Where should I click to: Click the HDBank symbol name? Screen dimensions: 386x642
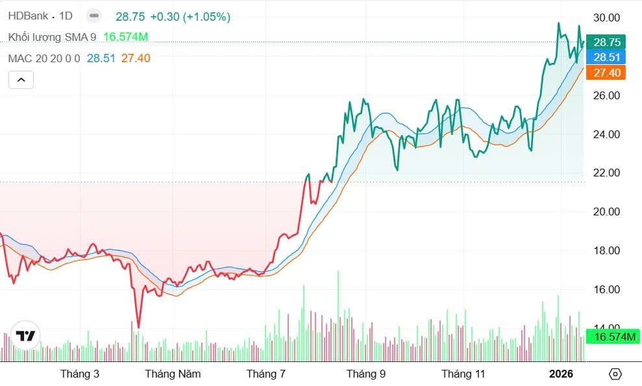click(28, 16)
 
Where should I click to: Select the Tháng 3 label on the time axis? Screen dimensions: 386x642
click(80, 374)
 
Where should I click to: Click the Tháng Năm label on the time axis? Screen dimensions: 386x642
click(173, 374)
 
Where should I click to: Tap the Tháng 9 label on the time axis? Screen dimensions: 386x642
click(366, 374)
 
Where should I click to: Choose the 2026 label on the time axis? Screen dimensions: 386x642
click(562, 374)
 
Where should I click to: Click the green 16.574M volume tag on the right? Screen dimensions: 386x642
click(613, 336)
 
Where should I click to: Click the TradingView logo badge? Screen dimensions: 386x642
click(26, 335)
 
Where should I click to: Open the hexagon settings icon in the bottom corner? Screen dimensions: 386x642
click(615, 374)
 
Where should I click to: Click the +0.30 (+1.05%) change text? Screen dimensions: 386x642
click(190, 17)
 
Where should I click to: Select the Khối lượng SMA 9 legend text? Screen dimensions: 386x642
click(52, 38)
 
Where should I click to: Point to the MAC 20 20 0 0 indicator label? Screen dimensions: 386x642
click(44, 58)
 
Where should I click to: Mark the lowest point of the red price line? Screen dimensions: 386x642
click(138, 327)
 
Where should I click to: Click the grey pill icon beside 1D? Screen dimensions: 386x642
click(94, 16)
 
